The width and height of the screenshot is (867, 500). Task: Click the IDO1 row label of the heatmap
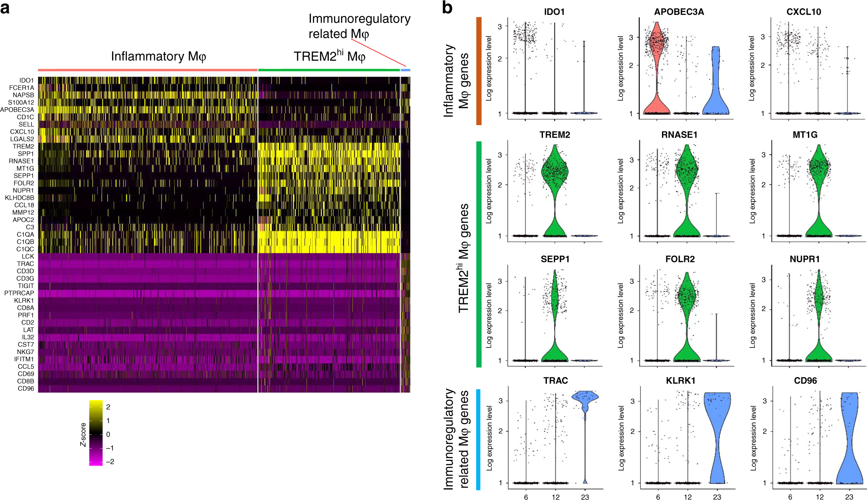pos(26,80)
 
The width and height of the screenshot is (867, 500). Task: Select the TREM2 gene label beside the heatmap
pos(23,146)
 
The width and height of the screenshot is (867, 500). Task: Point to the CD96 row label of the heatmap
pos(26,388)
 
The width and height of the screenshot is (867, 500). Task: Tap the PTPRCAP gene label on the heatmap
pos(19,293)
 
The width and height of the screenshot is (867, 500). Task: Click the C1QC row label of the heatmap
pos(25,249)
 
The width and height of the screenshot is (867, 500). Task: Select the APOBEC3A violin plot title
pos(679,12)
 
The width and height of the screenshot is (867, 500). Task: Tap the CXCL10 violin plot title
pos(804,12)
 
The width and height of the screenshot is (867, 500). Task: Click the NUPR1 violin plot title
pos(804,259)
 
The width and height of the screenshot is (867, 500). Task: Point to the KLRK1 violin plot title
pos(681,381)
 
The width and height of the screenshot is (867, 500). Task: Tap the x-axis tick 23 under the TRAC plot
pos(585,497)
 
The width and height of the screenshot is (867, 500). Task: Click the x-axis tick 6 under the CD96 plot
pos(790,497)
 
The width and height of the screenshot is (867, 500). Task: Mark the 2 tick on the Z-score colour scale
pos(108,407)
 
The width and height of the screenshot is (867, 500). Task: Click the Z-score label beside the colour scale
pos(83,434)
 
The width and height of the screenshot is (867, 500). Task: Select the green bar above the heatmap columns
pos(329,70)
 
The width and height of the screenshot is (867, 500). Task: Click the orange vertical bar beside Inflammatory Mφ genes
pos(479,71)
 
